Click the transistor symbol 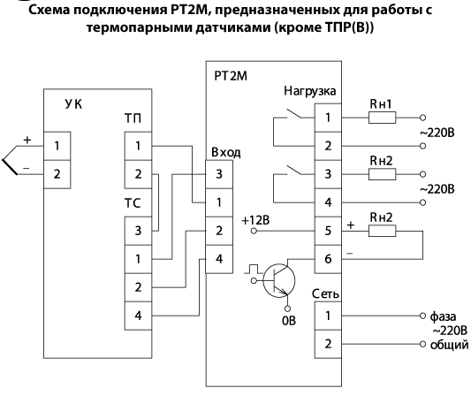278,280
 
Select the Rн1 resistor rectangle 382,118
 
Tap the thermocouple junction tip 3,159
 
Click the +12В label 255,220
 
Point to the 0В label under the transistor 289,321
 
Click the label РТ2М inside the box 231,76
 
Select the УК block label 73,104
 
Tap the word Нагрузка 309,91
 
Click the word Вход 226,153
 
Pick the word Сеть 325,293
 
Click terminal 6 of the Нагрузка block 328,259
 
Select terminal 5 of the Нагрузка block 328,231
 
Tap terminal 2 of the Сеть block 328,344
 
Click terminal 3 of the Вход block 219,174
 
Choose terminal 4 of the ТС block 138,316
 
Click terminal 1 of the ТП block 138,146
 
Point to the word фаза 443,316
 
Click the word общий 450,345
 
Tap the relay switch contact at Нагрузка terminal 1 293,113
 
